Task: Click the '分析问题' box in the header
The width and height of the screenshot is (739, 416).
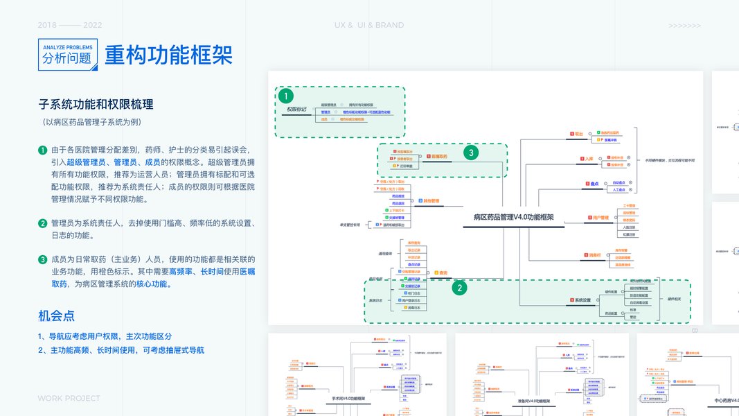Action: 67,55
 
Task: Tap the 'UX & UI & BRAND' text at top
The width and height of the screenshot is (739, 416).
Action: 368,26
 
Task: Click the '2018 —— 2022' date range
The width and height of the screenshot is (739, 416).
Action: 70,26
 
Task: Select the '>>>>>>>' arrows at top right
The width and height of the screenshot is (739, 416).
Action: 684,26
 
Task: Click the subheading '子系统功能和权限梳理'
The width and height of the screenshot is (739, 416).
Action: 96,105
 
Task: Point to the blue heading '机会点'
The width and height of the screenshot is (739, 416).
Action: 56,316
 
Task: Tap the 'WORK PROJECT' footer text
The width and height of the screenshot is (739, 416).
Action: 69,399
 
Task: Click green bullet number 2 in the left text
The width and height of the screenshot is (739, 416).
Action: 43,223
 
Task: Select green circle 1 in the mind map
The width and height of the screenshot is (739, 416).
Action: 287,96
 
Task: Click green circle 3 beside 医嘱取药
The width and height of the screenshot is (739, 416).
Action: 471,153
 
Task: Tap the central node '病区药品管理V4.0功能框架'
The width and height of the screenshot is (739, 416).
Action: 513,217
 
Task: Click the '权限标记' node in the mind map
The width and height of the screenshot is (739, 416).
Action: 296,110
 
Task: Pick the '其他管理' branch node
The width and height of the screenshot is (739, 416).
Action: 431,201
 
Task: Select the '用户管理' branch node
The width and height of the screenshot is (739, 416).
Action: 599,218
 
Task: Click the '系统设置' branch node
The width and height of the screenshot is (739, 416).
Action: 581,300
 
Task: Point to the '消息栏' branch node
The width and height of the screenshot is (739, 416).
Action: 594,254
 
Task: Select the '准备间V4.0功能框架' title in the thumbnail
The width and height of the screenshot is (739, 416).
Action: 533,401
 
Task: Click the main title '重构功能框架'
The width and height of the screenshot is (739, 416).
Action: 168,55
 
